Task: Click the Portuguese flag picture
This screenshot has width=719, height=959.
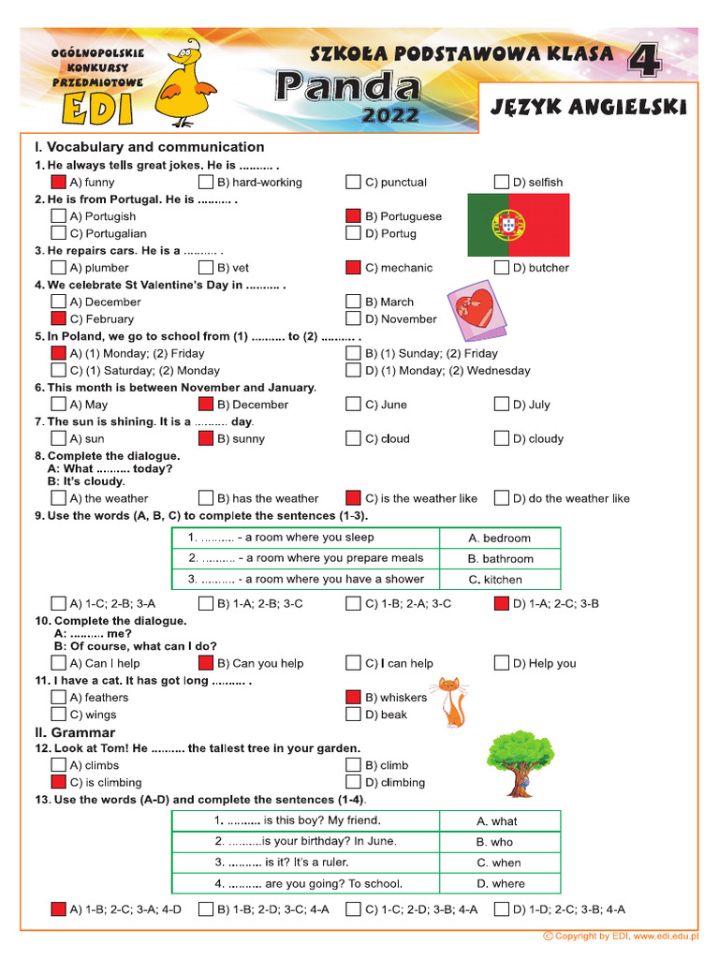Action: [x=519, y=225]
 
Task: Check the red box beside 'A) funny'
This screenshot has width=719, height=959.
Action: [x=58, y=182]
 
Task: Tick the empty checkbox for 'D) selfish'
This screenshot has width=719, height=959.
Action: [x=502, y=182]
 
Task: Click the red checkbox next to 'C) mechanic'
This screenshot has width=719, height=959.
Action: [x=353, y=268]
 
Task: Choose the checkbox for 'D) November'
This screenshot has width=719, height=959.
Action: [x=353, y=318]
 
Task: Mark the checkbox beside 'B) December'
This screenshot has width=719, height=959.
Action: [x=206, y=405]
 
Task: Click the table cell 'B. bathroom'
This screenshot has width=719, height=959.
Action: [x=501, y=559]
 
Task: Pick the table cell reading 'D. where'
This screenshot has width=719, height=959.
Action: [x=501, y=883]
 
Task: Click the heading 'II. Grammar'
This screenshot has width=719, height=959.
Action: [x=75, y=732]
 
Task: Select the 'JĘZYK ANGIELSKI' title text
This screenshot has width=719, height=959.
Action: [x=588, y=108]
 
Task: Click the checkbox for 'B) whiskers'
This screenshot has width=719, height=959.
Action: [x=353, y=697]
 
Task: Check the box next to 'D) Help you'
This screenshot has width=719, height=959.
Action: [x=502, y=663]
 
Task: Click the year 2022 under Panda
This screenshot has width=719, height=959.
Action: [x=391, y=116]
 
